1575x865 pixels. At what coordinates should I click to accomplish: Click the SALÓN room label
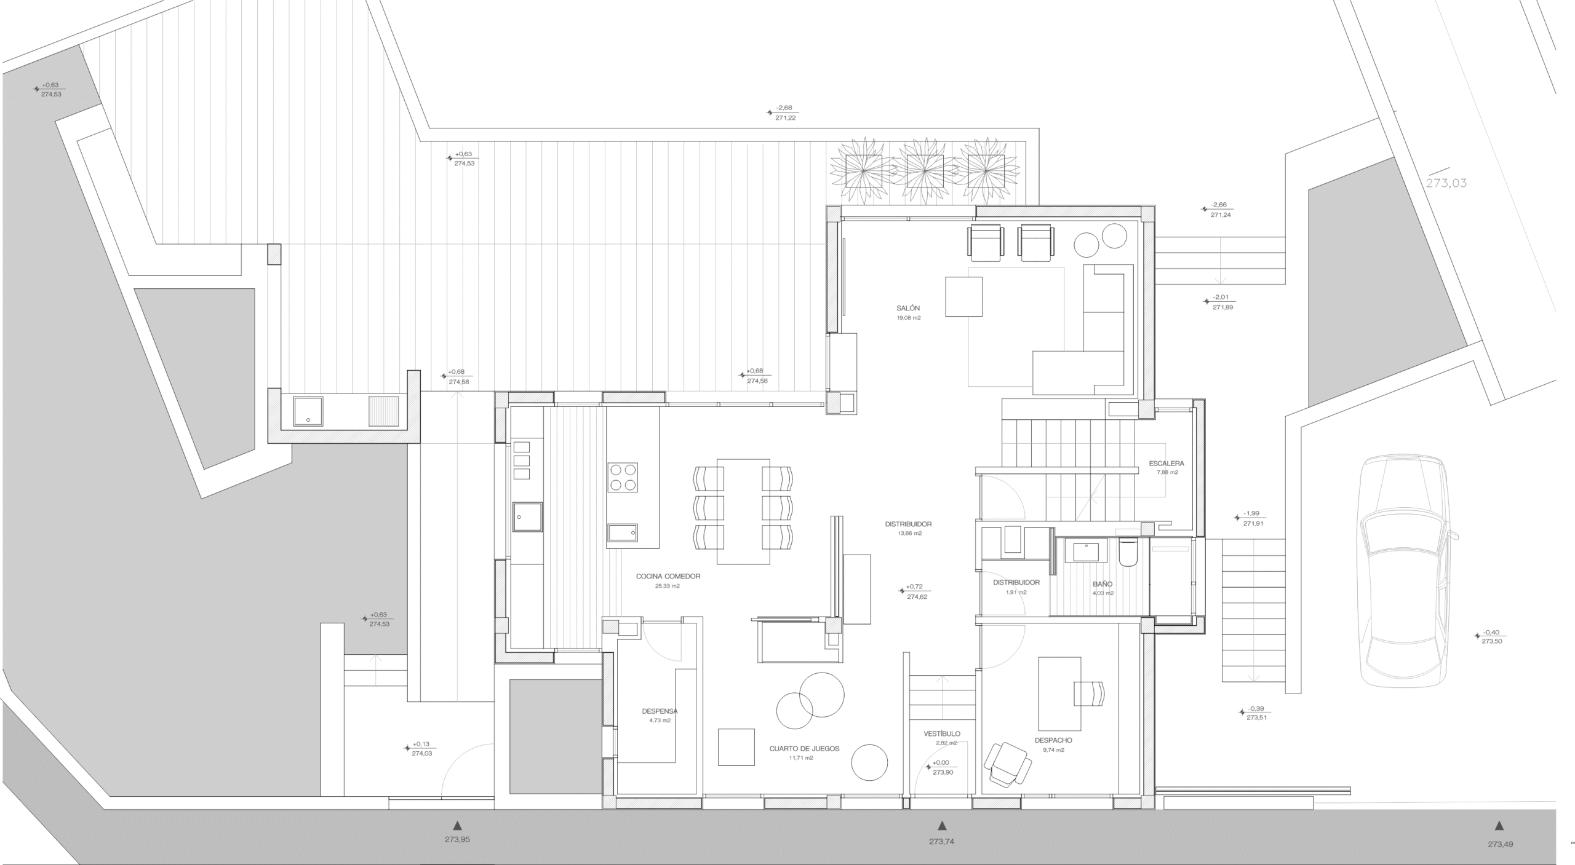click(x=908, y=308)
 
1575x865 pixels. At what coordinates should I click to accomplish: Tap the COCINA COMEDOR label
click(x=668, y=577)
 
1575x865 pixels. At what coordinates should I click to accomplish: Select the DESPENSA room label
click(x=660, y=711)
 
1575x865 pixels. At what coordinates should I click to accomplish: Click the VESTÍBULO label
click(x=941, y=734)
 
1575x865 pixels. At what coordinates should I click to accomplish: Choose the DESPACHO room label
click(x=1053, y=741)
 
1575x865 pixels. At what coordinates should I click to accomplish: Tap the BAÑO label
click(x=1102, y=584)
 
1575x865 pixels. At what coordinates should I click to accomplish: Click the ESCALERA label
click(x=1166, y=464)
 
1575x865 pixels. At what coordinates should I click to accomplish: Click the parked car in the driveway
click(x=1405, y=570)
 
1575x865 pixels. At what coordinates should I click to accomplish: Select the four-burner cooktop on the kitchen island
click(x=623, y=478)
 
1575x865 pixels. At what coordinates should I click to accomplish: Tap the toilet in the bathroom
click(x=1128, y=551)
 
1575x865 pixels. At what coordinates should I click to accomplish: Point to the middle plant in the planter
click(x=925, y=171)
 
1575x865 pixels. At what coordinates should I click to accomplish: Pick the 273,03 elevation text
click(x=1446, y=183)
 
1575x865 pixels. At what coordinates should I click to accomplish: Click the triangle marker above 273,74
click(x=941, y=826)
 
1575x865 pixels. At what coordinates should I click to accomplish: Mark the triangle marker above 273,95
click(x=457, y=825)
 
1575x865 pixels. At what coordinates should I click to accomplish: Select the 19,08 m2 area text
click(x=909, y=318)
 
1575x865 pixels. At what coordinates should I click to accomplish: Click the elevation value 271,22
click(x=786, y=118)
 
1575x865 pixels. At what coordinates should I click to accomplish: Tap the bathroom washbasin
click(x=1090, y=550)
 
